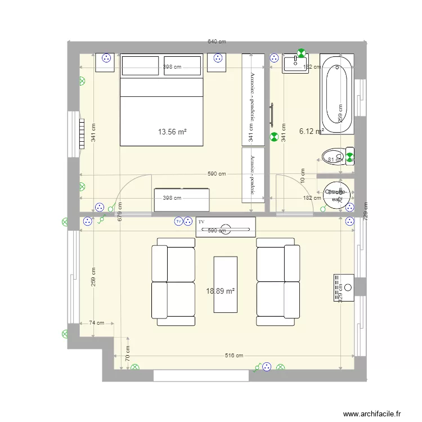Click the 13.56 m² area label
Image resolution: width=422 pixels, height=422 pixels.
[x=172, y=132]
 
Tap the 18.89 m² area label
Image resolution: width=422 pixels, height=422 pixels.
[x=221, y=291]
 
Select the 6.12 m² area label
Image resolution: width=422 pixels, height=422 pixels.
[x=311, y=131]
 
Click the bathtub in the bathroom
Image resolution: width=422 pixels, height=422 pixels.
[x=337, y=93]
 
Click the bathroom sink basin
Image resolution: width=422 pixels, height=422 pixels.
[x=293, y=64]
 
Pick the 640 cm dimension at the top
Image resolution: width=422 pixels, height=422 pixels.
[x=217, y=42]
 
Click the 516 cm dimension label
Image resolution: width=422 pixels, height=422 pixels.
[x=234, y=356]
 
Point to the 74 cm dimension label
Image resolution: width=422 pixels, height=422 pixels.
[x=97, y=323]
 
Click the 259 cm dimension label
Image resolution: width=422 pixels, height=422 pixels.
[x=93, y=276]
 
